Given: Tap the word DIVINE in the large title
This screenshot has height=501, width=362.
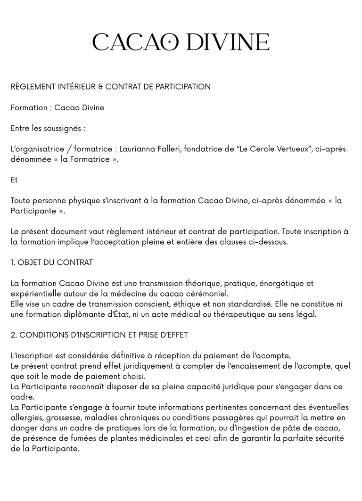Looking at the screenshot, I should coord(228,42).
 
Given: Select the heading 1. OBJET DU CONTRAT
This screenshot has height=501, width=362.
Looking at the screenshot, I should coord(52,263).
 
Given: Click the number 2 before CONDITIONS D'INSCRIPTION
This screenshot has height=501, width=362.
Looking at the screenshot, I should coord(13,335).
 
